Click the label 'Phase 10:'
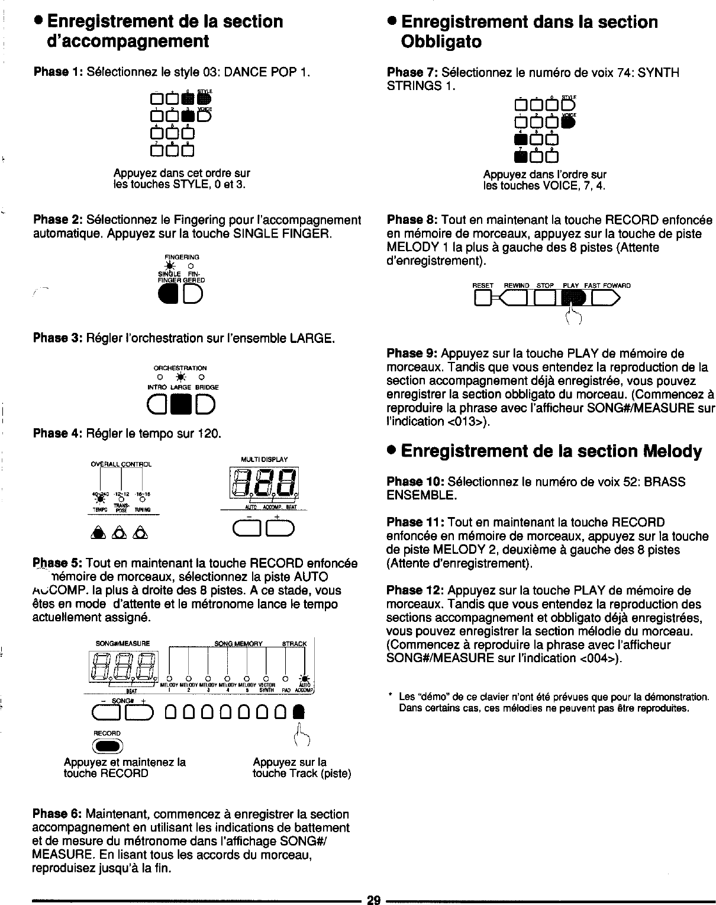(415, 482)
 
